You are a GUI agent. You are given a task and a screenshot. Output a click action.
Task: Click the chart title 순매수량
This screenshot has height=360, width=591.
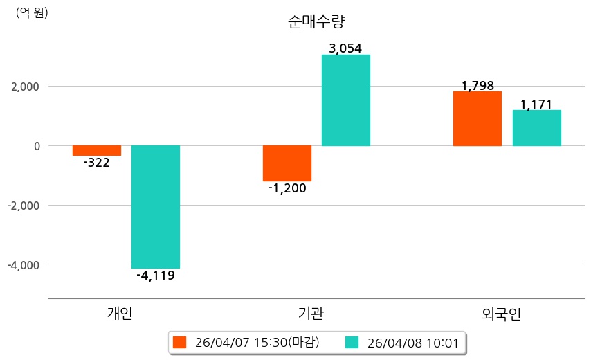[x=316, y=21]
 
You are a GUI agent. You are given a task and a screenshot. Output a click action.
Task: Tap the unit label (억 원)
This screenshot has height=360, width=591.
[x=32, y=12]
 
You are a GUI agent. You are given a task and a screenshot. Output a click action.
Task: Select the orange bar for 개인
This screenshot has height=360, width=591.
[x=97, y=150]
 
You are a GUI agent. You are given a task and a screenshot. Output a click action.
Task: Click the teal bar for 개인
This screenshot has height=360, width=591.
[x=156, y=206]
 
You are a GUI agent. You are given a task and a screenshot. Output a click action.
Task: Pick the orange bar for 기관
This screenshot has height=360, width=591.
[x=287, y=163]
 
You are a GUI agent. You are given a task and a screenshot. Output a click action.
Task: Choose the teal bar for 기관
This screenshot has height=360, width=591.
[x=346, y=100]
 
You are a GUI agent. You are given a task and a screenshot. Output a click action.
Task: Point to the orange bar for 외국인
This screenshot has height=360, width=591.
[x=478, y=118]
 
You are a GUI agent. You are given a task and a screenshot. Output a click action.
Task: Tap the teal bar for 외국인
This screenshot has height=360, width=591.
[x=536, y=128]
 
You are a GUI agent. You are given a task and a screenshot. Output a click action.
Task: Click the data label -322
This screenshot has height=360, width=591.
[x=96, y=163]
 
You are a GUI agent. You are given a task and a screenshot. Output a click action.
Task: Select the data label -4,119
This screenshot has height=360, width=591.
[x=156, y=276]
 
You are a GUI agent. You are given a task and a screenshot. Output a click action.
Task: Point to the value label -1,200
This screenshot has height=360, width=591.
[x=287, y=188]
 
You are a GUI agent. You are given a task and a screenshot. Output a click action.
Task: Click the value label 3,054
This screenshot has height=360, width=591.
[x=345, y=48]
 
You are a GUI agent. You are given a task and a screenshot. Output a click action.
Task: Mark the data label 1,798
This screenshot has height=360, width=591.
[x=478, y=86]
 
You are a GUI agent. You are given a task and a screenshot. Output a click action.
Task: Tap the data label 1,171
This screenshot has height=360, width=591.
[x=536, y=105]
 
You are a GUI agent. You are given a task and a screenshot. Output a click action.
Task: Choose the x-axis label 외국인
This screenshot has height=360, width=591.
[x=501, y=314]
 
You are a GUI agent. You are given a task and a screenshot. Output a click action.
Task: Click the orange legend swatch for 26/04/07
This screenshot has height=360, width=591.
[x=180, y=342]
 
